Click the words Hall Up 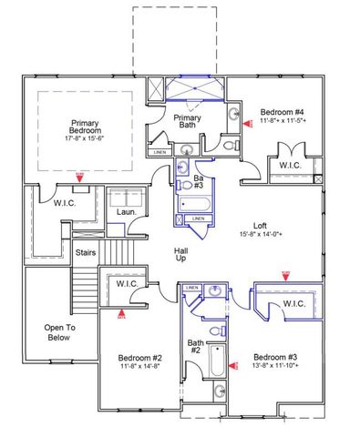click(181, 252)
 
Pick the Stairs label click(86, 252)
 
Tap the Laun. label click(126, 211)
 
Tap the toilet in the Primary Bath click(229, 145)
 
